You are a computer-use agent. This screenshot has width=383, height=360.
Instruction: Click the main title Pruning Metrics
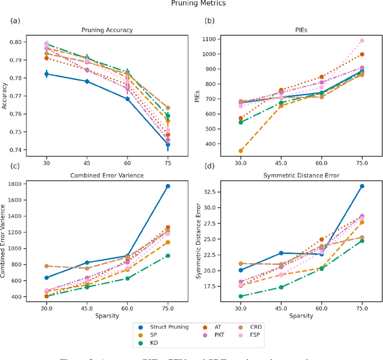[x=191, y=4]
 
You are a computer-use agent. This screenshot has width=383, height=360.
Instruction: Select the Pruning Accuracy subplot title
[x=108, y=29]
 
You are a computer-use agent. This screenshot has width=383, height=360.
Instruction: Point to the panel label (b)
[x=210, y=22]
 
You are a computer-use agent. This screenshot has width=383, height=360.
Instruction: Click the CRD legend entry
[x=261, y=327]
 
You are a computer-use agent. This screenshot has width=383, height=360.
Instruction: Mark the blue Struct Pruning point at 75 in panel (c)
[x=168, y=186]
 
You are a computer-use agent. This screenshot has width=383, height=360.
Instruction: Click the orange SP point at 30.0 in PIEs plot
[x=241, y=151]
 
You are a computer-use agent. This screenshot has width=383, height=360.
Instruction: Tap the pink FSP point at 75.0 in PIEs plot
[x=361, y=41]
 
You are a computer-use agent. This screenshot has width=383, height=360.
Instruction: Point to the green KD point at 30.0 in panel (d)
[x=241, y=296]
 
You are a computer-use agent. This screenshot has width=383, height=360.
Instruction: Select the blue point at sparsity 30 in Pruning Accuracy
[x=47, y=74]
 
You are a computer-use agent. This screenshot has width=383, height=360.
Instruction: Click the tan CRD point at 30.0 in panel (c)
[x=47, y=266]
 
